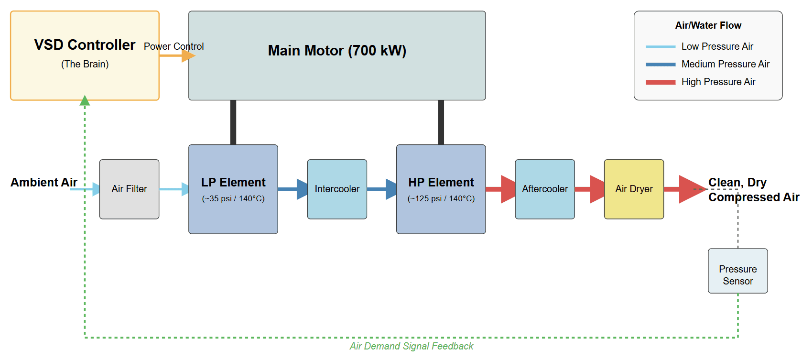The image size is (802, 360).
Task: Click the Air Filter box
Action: (x=129, y=189)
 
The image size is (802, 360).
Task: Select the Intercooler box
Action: (x=337, y=189)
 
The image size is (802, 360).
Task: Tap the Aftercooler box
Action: (x=544, y=189)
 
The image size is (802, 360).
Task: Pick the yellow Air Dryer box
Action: (x=634, y=189)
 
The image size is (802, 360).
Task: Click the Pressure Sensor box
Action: (x=737, y=271)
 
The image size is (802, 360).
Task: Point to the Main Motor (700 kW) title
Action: (x=337, y=51)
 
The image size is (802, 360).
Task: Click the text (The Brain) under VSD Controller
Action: (x=85, y=64)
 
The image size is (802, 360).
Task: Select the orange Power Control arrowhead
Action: (x=188, y=56)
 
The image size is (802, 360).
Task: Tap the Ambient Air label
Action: (x=44, y=183)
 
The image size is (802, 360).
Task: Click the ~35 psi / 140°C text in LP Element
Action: (x=233, y=198)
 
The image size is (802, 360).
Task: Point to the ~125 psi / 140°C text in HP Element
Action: (x=441, y=198)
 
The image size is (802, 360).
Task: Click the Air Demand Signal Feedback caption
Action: (x=411, y=346)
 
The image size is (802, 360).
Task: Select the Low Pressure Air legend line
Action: (x=660, y=47)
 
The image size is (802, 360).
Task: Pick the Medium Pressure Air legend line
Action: (x=660, y=65)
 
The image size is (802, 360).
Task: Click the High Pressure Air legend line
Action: (x=660, y=82)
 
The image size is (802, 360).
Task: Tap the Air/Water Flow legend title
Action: (x=708, y=25)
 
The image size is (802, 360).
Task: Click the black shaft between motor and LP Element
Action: (x=233, y=122)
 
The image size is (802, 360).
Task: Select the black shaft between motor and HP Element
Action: (x=441, y=122)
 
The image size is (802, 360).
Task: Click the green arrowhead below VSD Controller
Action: (x=85, y=100)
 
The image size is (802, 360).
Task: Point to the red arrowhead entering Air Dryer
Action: (x=597, y=189)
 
